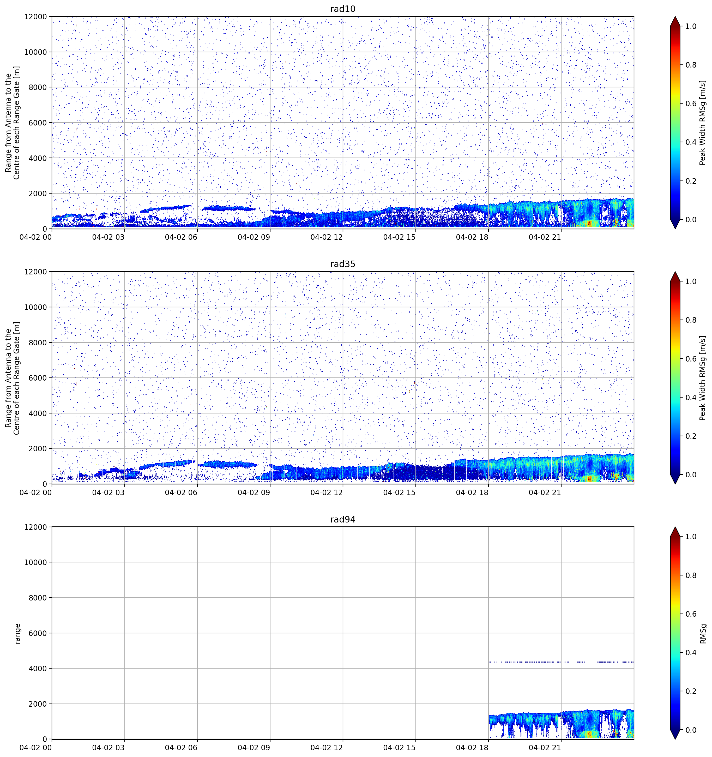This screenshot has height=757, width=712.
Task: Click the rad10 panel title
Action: click(343, 9)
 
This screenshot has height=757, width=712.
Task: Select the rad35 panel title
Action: click(343, 264)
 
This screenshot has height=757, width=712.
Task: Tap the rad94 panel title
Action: click(343, 519)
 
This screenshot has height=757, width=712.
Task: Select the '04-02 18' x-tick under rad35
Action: click(472, 492)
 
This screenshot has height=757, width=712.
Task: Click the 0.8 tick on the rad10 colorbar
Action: click(691, 65)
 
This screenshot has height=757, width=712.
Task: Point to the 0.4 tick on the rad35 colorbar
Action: click(691, 398)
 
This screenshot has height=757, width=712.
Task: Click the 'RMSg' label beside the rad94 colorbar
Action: click(703, 634)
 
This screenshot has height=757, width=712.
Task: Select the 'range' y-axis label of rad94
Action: click(17, 634)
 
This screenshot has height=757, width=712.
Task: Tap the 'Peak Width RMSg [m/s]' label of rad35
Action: click(703, 378)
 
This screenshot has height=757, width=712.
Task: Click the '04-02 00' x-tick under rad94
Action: click(35, 748)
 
